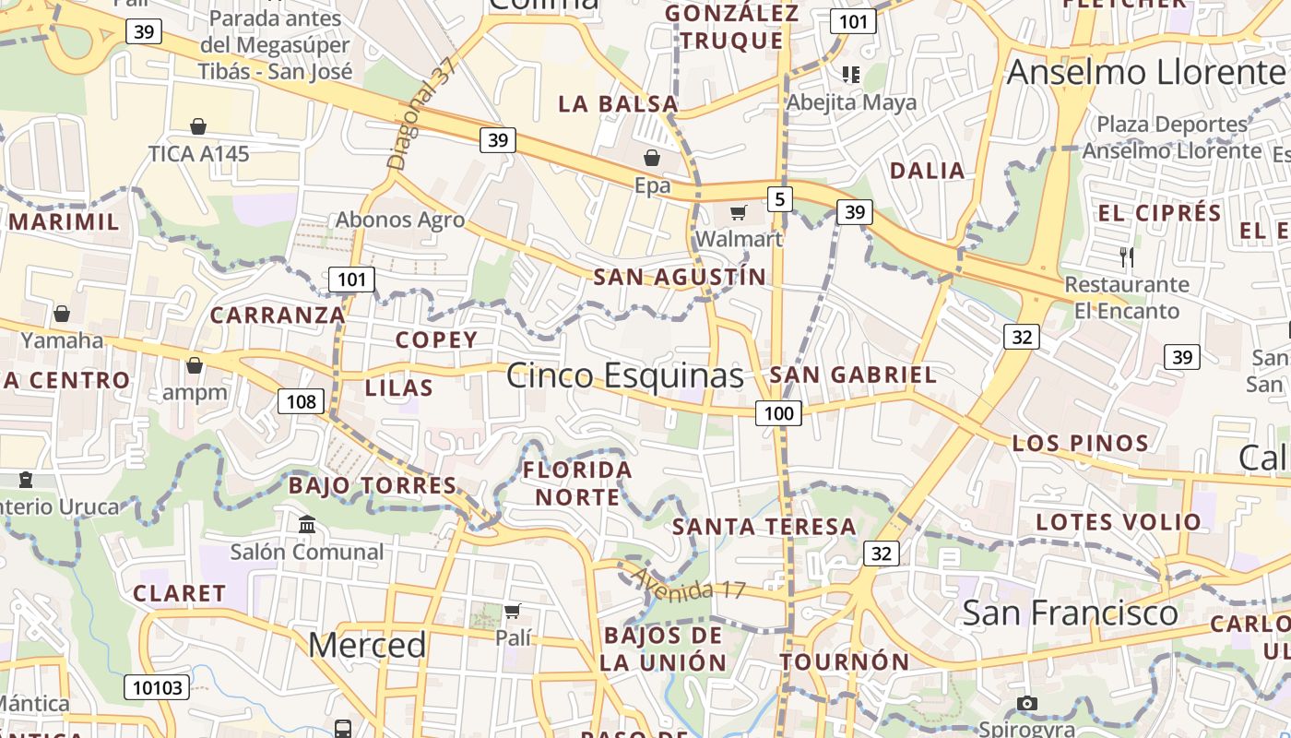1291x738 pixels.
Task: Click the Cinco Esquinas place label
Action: (x=624, y=375)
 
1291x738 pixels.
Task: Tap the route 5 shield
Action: (x=780, y=198)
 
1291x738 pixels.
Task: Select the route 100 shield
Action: (x=779, y=413)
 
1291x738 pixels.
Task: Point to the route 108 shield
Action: (x=301, y=400)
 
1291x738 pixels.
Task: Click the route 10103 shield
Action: (x=158, y=686)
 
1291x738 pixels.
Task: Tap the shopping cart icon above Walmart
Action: (x=738, y=213)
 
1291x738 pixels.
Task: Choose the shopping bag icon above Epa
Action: (x=652, y=158)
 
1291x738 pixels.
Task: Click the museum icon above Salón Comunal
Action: (x=307, y=525)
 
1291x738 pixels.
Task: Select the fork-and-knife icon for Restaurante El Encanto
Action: (x=1126, y=256)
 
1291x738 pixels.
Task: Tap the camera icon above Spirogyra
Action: (x=1027, y=703)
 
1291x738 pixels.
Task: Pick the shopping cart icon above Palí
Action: (x=513, y=611)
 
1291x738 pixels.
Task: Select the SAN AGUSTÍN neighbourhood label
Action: (x=680, y=277)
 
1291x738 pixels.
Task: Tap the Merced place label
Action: (x=367, y=645)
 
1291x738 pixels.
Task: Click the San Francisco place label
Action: (x=1070, y=613)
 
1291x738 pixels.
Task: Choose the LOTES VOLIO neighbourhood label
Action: (x=1119, y=522)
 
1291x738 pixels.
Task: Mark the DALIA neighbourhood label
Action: (x=927, y=171)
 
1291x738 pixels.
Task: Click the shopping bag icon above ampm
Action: (x=195, y=366)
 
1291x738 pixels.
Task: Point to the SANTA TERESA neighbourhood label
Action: (x=764, y=527)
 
